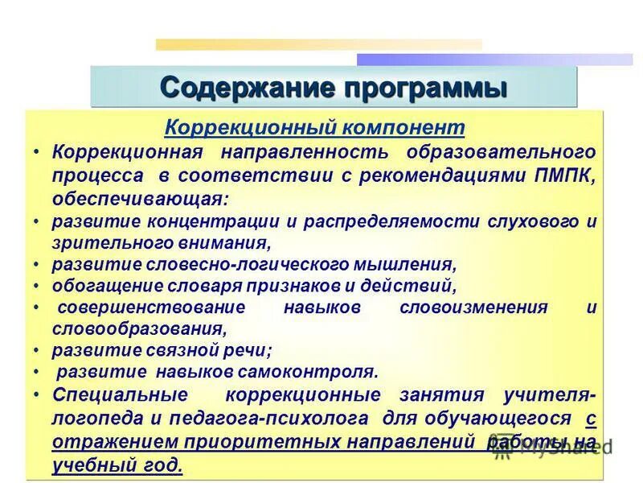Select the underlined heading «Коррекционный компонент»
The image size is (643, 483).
(314, 128)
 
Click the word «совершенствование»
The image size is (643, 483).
(150, 308)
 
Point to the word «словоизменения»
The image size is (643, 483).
(473, 308)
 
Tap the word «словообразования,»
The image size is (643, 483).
(134, 328)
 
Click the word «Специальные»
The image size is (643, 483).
(120, 395)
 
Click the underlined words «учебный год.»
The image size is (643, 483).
(117, 465)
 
